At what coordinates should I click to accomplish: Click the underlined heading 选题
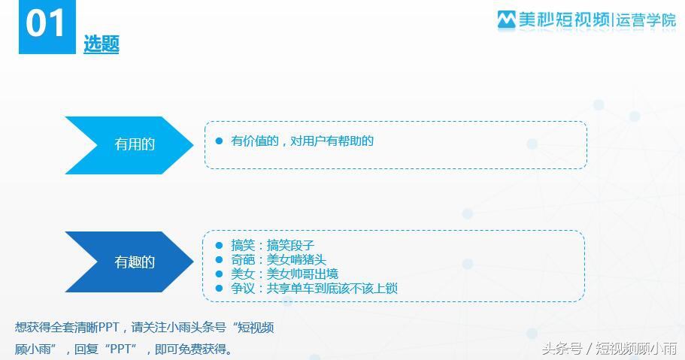click(x=102, y=44)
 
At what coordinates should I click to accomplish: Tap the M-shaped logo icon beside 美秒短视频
click(x=507, y=20)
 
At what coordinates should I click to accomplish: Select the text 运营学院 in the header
click(x=645, y=20)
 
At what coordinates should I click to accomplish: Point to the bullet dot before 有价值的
click(x=219, y=141)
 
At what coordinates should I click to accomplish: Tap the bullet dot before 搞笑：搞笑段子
click(x=219, y=245)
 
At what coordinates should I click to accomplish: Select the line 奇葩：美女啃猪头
click(x=278, y=259)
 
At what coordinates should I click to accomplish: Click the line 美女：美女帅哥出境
click(x=284, y=274)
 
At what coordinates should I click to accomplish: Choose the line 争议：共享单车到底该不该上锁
click(x=314, y=288)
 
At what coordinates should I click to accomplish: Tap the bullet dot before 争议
click(x=219, y=288)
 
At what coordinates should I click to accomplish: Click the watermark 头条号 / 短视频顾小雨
click(x=608, y=348)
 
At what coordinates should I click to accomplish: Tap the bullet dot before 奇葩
click(x=219, y=259)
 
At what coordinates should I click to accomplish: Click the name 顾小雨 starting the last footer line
click(x=34, y=349)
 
